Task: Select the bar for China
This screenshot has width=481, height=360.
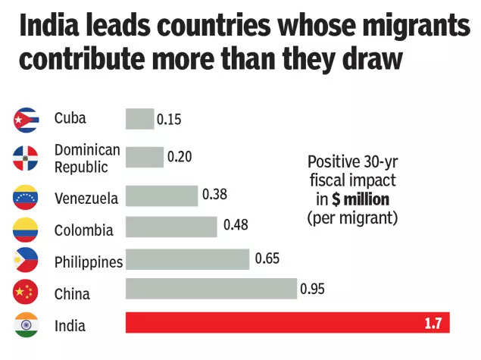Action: tap(211, 289)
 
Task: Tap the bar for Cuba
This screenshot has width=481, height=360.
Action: tap(139, 119)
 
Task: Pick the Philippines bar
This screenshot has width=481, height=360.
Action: tap(187, 259)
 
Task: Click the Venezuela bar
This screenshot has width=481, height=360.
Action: tap(161, 196)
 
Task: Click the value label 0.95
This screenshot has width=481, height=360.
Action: tap(312, 289)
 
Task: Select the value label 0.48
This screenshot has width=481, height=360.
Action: tap(236, 225)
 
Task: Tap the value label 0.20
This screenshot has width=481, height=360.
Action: tap(179, 157)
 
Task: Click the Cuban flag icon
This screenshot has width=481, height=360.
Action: tap(27, 119)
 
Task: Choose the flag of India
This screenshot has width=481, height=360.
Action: tap(27, 326)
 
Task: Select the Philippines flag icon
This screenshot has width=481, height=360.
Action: tap(27, 261)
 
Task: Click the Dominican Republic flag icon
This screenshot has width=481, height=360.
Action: tap(27, 158)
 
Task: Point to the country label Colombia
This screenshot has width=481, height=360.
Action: tap(83, 230)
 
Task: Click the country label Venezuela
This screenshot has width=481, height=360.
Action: tap(86, 199)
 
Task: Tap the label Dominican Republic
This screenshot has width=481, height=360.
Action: tap(87, 158)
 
